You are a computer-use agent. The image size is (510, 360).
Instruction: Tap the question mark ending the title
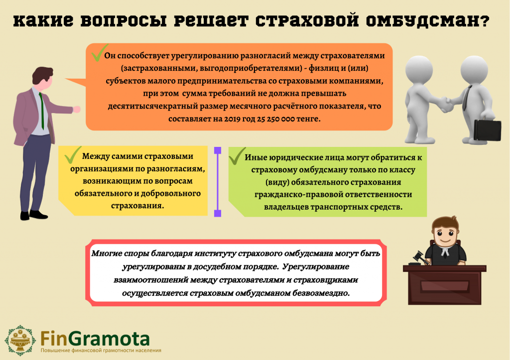(x=484, y=21)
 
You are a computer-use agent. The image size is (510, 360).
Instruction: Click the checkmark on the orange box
(x=99, y=53)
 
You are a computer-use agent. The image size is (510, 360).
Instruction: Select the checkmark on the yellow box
(x=73, y=155)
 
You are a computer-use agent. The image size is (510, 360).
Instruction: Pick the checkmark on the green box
(x=237, y=156)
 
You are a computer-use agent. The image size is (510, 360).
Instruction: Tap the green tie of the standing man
(x=41, y=111)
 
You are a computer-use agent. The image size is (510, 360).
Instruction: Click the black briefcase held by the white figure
(x=487, y=130)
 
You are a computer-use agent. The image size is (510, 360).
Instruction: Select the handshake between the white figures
(x=445, y=105)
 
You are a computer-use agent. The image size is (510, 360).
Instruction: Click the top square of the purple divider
(x=218, y=150)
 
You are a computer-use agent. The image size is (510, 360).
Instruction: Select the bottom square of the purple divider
(x=218, y=213)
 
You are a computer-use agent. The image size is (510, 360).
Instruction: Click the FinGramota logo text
(x=95, y=339)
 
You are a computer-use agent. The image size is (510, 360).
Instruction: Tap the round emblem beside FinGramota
(x=20, y=340)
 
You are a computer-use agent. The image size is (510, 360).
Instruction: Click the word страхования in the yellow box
(x=137, y=206)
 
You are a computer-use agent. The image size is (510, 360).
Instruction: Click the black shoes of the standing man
(x=34, y=215)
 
